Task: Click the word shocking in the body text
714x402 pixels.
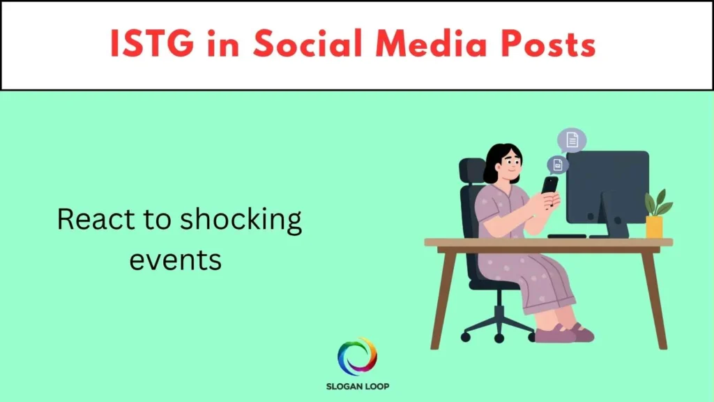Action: pyautogui.click(x=241, y=221)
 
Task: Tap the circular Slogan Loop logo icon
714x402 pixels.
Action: pyautogui.click(x=357, y=357)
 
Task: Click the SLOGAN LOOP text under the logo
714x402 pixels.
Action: pyautogui.click(x=357, y=386)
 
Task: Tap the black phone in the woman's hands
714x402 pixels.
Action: pyautogui.click(x=550, y=184)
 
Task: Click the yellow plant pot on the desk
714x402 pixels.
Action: pyautogui.click(x=654, y=226)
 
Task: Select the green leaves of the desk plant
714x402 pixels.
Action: pyautogui.click(x=657, y=203)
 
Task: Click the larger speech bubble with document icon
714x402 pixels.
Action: pyautogui.click(x=572, y=140)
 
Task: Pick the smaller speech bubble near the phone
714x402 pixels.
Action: pyautogui.click(x=557, y=165)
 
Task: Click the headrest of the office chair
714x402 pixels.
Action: pyautogui.click(x=473, y=172)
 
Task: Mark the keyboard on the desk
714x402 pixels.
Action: pyautogui.click(x=566, y=236)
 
